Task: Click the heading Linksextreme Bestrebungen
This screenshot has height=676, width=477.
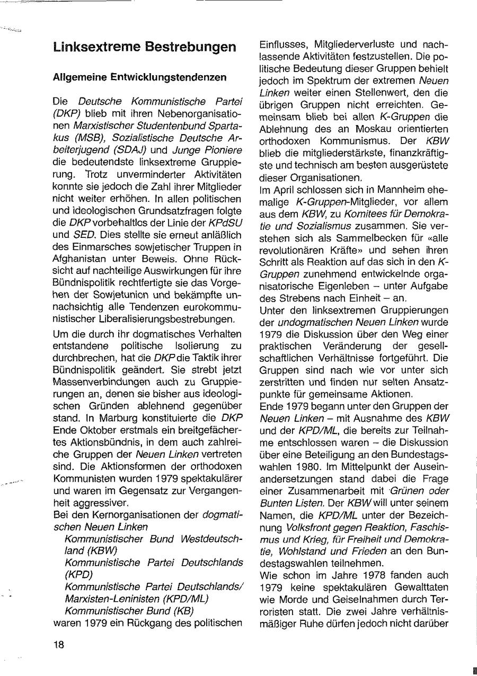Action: coord(145,47)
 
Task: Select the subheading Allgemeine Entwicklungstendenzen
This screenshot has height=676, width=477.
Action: coord(140,77)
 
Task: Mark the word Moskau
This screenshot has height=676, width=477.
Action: coord(368,129)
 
